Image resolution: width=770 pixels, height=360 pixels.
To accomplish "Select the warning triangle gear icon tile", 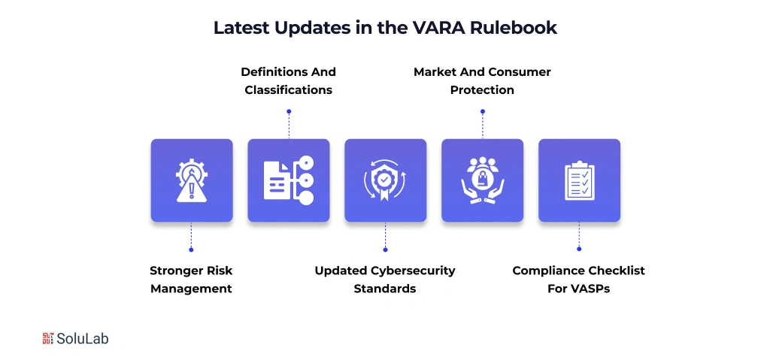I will [x=191, y=180].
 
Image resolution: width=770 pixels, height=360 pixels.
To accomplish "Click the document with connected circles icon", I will [x=288, y=180].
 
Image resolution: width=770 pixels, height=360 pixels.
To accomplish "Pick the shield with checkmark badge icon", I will [x=385, y=180].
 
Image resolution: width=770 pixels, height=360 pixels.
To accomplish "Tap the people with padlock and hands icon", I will [x=482, y=180].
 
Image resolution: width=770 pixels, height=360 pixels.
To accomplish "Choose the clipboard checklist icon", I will [x=579, y=180].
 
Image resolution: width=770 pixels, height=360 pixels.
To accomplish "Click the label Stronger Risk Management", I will [x=191, y=280].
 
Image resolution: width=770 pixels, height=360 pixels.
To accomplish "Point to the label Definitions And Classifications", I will [x=288, y=81].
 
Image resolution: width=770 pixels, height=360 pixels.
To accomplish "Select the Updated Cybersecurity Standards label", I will [x=385, y=280].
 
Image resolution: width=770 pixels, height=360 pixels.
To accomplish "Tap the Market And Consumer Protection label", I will [x=482, y=81].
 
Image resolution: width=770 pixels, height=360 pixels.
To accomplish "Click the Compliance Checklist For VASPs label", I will [x=579, y=280].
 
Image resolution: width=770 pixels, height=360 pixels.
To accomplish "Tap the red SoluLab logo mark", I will [x=49, y=339].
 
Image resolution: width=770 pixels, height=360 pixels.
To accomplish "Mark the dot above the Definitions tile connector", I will [x=289, y=111].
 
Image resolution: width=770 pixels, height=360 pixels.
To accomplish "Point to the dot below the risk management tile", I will [x=191, y=250].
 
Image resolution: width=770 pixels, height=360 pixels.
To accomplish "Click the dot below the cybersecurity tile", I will [x=385, y=250].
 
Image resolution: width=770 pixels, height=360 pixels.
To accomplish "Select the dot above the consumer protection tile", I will [x=482, y=111].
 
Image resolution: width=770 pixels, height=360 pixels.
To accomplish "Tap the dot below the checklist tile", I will [x=579, y=250].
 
